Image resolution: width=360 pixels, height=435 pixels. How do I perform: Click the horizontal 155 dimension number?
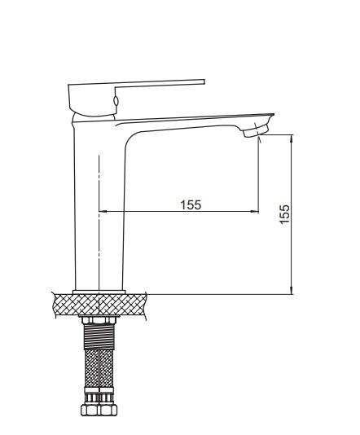click(191, 205)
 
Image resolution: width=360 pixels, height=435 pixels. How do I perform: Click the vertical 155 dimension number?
click(284, 214)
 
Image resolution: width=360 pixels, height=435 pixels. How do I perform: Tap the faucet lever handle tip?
click(204, 81)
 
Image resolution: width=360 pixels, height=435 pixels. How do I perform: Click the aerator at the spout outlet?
click(256, 131)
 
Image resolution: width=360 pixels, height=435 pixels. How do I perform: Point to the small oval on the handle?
click(116, 101)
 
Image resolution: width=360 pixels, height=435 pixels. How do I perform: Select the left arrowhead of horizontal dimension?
click(103, 212)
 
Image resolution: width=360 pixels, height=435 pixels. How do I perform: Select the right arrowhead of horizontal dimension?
click(255, 212)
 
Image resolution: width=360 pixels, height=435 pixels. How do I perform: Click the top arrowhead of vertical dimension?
click(292, 138)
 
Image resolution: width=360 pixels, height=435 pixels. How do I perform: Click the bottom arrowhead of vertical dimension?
click(292, 290)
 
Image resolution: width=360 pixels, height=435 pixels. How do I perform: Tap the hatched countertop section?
click(100, 305)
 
